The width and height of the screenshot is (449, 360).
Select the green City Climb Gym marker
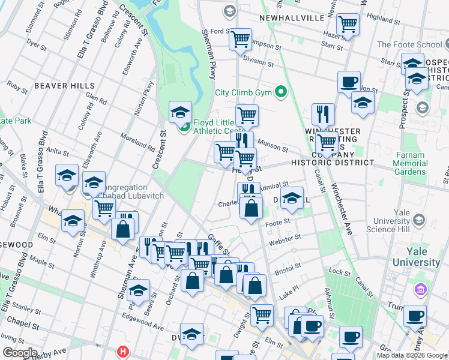(280, 92)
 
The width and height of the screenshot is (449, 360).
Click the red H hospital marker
(124, 351)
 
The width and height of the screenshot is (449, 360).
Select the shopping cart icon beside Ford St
(241, 39)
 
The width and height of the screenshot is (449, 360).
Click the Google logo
(20, 353)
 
